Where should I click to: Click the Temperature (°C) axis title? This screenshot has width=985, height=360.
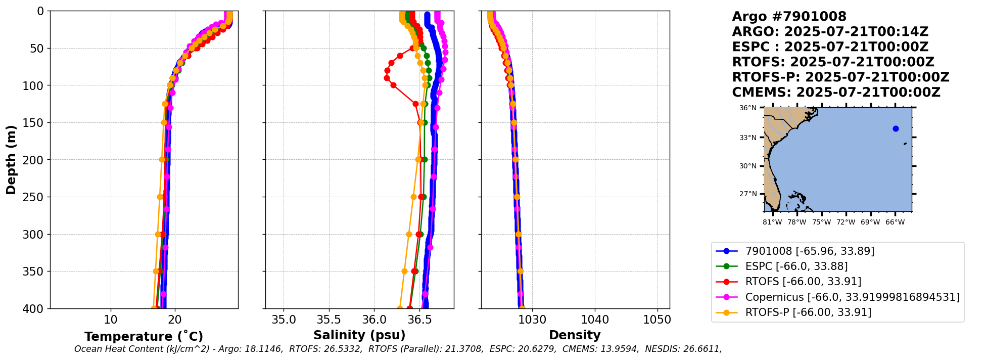(x=144, y=337)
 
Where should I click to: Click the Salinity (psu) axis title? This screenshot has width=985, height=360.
(x=359, y=335)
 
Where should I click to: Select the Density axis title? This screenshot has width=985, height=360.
(x=575, y=335)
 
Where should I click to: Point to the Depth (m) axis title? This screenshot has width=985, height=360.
(x=11, y=160)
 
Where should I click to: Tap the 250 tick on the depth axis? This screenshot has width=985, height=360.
(x=37, y=197)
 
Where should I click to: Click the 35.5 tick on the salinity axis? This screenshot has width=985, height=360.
(x=329, y=320)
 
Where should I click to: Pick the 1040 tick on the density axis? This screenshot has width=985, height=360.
(x=595, y=320)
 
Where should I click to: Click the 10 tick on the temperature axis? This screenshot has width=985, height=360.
(x=111, y=320)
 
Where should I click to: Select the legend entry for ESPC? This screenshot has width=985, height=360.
(x=796, y=266)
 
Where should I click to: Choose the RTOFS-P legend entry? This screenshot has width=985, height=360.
(x=808, y=312)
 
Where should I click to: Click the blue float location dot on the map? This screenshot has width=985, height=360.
(x=896, y=128)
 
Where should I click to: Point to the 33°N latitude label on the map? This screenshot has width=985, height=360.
(x=748, y=138)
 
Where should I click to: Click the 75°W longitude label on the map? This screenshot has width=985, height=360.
(x=821, y=222)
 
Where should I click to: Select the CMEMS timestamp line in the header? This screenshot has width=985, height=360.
(x=836, y=93)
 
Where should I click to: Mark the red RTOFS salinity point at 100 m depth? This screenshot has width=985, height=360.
(x=393, y=85)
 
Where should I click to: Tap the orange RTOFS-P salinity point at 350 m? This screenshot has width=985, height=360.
(x=404, y=272)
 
